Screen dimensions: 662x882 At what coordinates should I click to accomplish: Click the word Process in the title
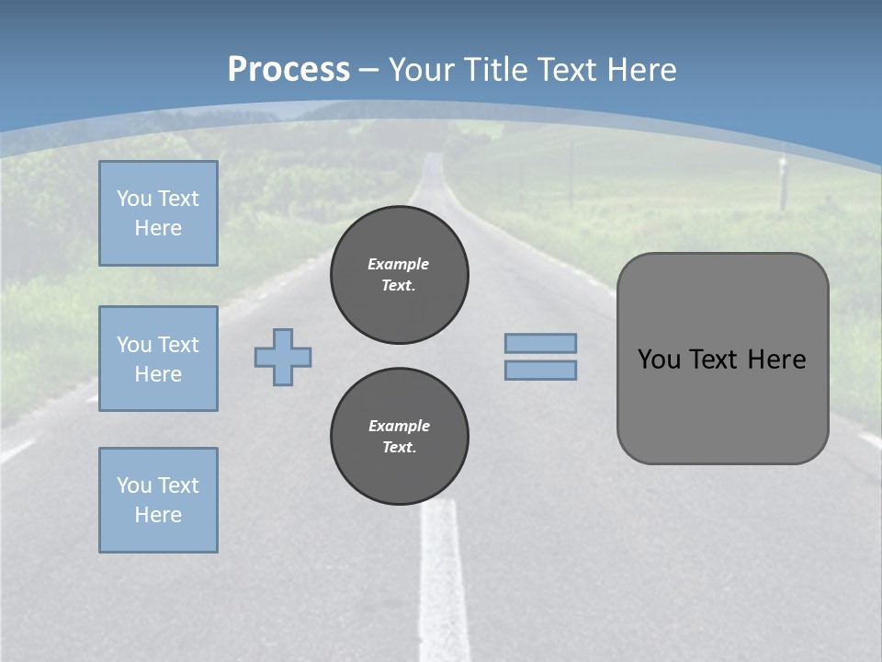(288, 69)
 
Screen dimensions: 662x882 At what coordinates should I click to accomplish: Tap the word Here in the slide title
(640, 70)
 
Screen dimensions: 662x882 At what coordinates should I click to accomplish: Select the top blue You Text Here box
(158, 213)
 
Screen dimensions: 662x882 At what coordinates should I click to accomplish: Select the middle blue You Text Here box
(158, 359)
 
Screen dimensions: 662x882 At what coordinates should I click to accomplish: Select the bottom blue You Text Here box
(158, 500)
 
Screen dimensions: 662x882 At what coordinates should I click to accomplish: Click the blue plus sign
(283, 357)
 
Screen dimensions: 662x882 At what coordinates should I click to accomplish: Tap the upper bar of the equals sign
(540, 343)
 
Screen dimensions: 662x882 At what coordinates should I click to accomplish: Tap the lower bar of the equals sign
(540, 370)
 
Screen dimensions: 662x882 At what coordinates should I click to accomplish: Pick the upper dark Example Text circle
(400, 274)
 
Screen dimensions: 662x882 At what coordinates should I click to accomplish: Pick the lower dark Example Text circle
(400, 436)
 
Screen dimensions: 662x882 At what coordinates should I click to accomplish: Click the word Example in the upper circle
(399, 264)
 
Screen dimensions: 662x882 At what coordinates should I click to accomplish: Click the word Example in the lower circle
(400, 426)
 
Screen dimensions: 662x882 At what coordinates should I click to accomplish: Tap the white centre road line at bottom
(443, 588)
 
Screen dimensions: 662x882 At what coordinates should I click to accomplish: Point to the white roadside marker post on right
(783, 185)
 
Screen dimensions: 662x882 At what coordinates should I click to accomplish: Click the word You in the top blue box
(133, 199)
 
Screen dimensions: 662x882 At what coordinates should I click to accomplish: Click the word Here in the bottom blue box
(158, 515)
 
